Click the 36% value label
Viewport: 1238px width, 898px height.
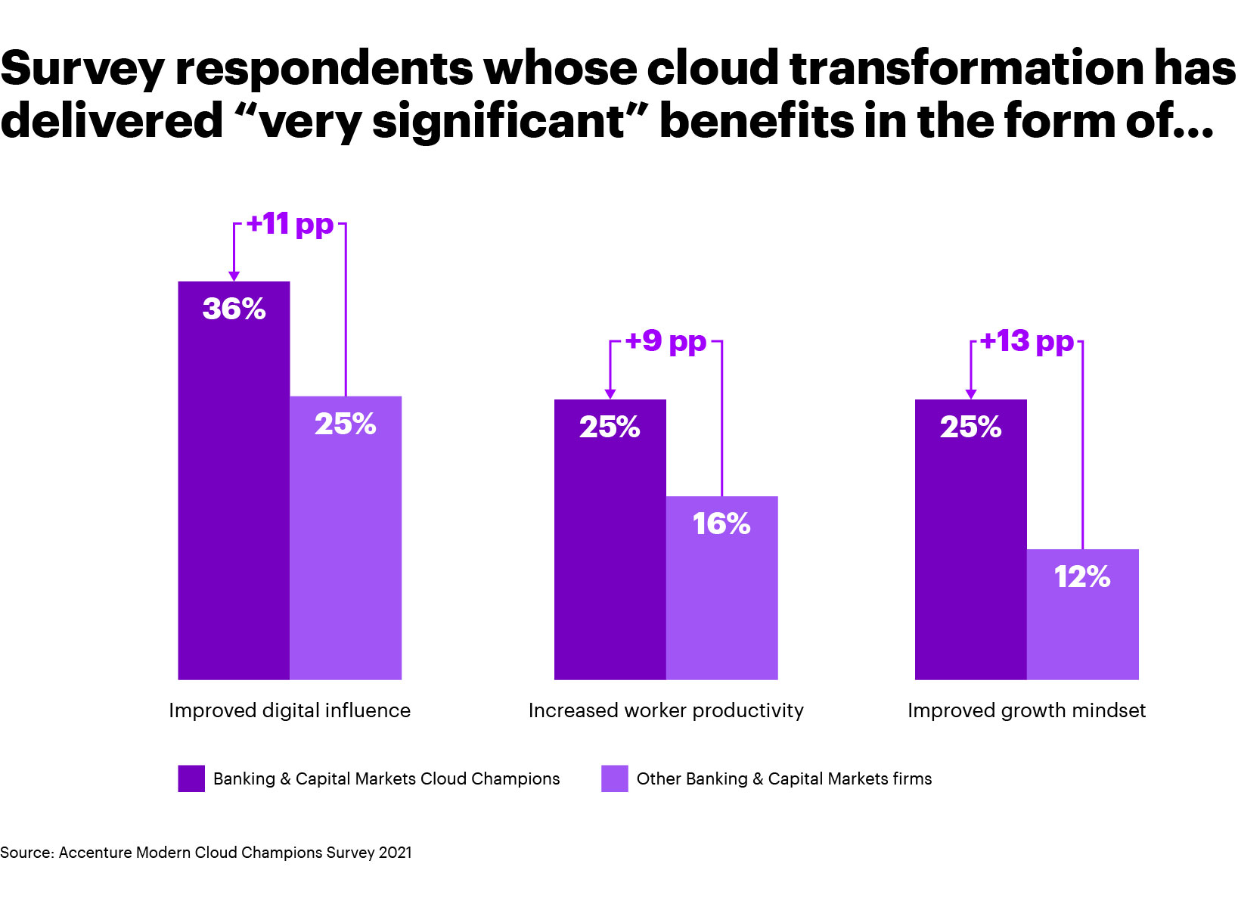click(234, 309)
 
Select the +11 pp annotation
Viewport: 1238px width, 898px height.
click(290, 224)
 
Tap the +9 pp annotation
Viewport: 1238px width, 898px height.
click(666, 341)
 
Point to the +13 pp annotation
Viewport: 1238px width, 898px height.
click(1026, 341)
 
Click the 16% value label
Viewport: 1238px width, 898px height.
click(721, 524)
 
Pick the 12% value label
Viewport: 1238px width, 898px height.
click(1082, 577)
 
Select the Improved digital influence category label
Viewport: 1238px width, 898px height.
click(290, 710)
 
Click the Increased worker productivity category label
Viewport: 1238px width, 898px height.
click(666, 710)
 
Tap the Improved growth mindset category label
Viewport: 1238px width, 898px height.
click(1026, 710)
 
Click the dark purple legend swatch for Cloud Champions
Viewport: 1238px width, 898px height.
click(191, 778)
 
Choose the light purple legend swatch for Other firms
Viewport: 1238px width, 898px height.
click(614, 778)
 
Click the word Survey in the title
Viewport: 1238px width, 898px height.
click(82, 70)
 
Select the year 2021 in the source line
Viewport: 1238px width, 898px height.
click(395, 853)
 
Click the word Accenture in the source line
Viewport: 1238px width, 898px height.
click(95, 853)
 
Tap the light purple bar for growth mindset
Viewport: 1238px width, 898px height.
click(1082, 628)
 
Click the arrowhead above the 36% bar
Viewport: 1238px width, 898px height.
click(234, 276)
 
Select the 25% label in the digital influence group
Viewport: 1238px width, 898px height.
click(346, 424)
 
